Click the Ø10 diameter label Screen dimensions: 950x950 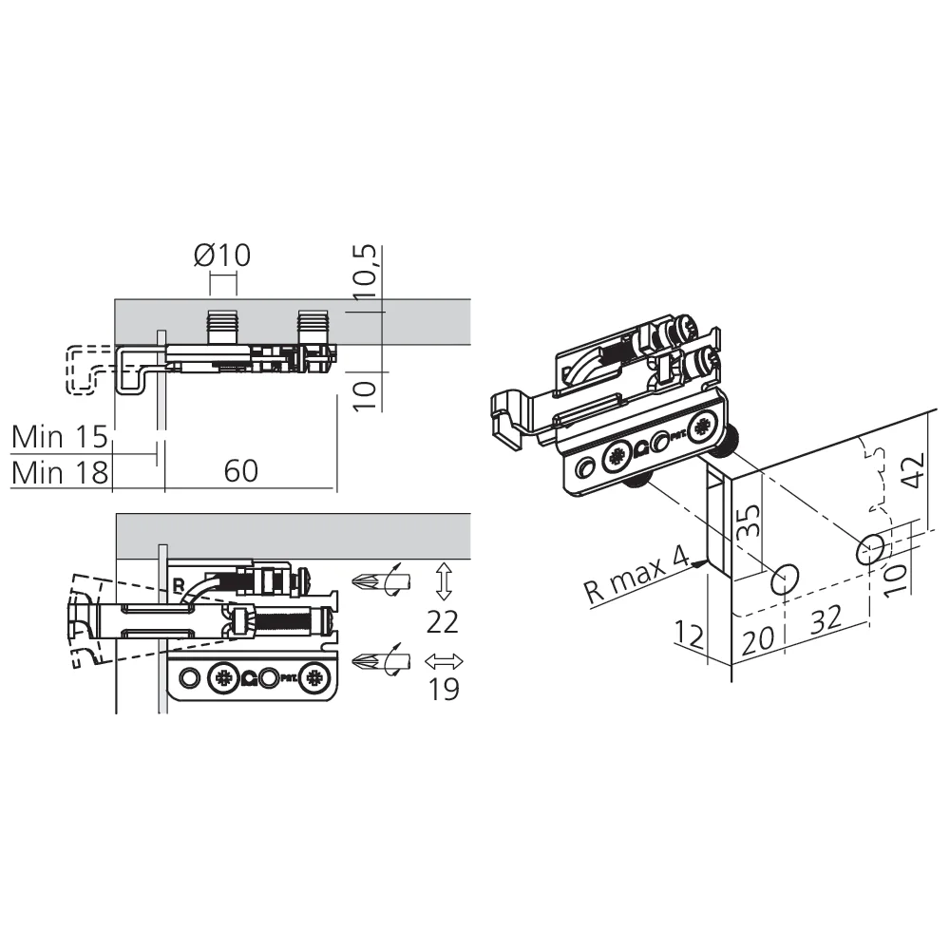[221, 255]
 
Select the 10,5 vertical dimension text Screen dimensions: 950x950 [366, 272]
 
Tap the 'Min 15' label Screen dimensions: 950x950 [59, 436]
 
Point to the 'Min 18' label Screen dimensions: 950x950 [59, 472]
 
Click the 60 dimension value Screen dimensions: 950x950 [240, 471]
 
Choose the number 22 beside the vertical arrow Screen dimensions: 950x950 [443, 621]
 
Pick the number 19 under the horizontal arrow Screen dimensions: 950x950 [444, 688]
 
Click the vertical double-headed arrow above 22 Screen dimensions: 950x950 [444, 581]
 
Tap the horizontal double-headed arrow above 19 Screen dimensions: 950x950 [444, 661]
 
